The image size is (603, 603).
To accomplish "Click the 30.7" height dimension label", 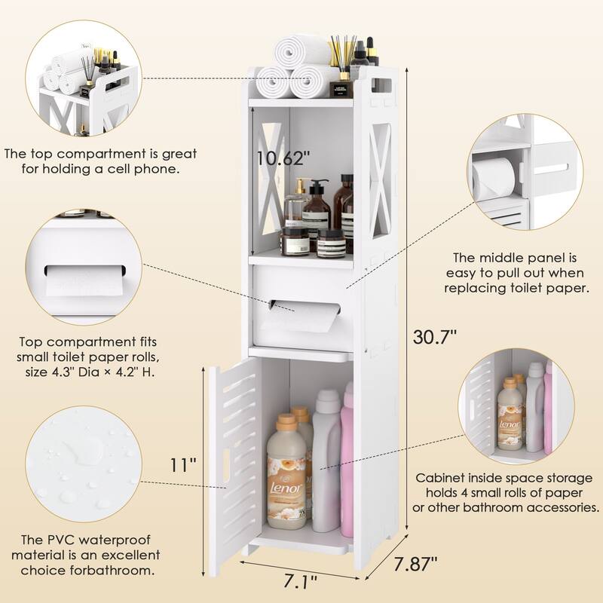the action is tap(435, 337).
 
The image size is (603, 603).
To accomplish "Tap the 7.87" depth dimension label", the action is tap(416, 564).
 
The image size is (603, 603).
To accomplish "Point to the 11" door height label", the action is tap(183, 465).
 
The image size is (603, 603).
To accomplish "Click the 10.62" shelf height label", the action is tap(283, 158).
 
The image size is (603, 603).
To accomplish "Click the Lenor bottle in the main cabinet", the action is tap(286, 471).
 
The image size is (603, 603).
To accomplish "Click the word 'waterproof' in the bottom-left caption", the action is tap(114, 540).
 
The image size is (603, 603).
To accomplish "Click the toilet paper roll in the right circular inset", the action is tap(494, 179).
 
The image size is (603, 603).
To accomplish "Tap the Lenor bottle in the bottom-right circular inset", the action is tap(510, 415).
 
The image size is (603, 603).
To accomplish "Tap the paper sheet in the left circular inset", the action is tap(84, 282).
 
